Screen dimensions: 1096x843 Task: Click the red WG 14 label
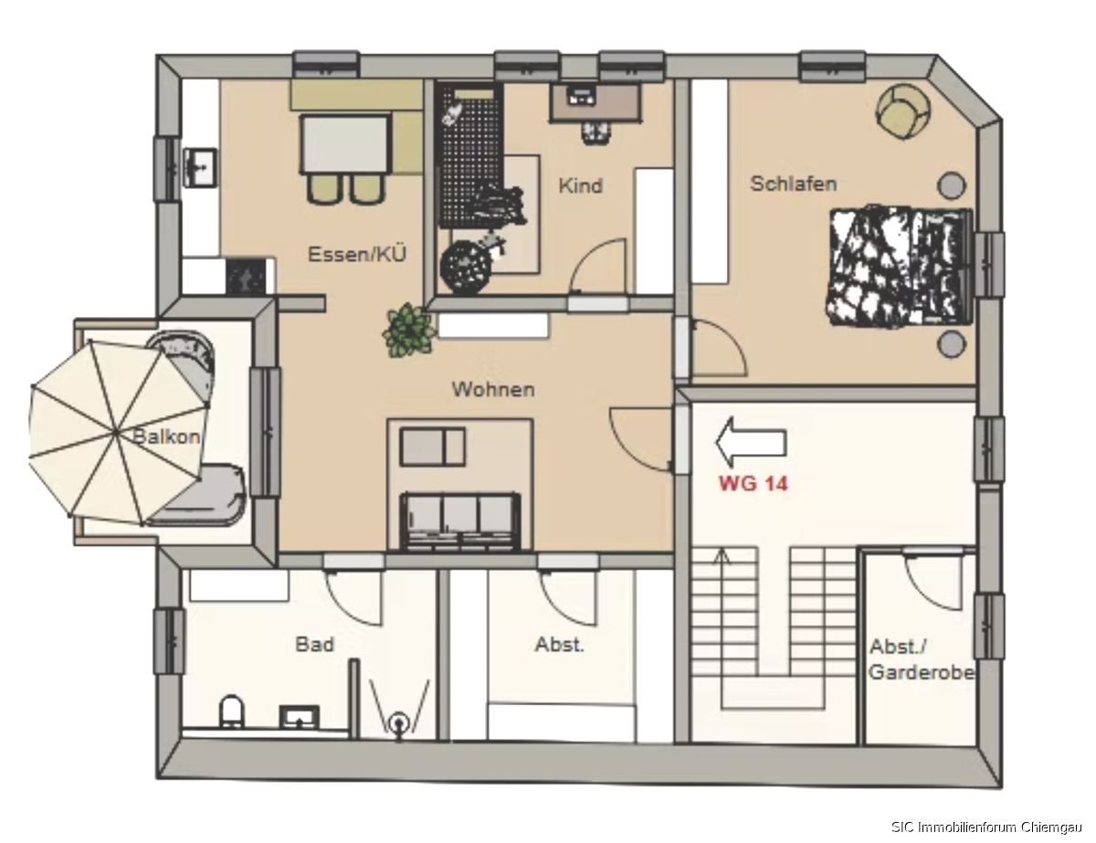coord(753,483)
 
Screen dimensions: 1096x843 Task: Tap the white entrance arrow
coord(751,442)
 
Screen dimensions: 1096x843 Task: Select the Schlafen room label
coord(794,184)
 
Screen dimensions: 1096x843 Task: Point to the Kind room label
coord(581,185)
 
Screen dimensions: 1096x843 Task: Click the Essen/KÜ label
coord(357,254)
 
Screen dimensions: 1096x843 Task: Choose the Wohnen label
coord(493,389)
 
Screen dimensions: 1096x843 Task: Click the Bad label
coord(314,644)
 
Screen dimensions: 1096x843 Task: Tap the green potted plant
coord(408,331)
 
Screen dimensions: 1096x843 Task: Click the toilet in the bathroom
coord(232,711)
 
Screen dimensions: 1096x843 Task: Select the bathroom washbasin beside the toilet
coord(299,716)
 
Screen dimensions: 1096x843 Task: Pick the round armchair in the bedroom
coord(902,111)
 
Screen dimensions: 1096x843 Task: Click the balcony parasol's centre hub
coord(117,433)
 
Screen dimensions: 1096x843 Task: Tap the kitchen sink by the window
coord(200,167)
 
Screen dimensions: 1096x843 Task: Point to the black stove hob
coord(246,277)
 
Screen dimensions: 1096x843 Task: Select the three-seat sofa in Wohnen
coord(460,522)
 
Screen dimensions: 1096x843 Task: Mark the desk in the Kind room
coord(596,102)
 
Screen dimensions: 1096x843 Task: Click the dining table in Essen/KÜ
coord(345,144)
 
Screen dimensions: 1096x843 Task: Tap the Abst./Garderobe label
coord(921,659)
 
